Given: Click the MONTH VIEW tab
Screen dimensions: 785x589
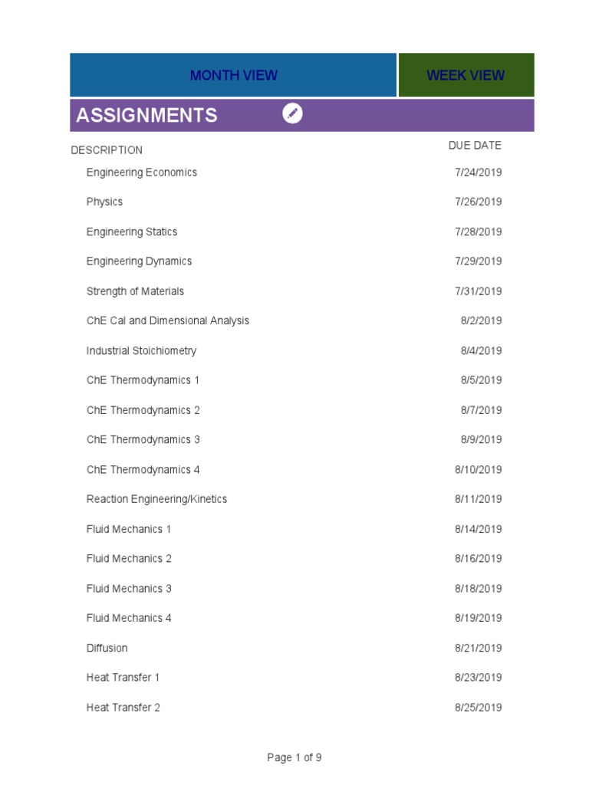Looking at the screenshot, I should click(234, 75).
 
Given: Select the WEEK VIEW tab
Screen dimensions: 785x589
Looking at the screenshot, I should click(466, 75).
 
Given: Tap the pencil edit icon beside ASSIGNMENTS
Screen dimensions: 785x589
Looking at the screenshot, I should click(292, 114).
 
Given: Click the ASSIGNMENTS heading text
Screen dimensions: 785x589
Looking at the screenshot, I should click(146, 115).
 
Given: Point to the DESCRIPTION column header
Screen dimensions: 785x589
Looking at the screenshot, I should click(107, 150).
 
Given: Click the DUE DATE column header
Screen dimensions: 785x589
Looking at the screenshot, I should click(475, 146).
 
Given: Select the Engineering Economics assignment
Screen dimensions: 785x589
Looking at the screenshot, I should click(142, 172).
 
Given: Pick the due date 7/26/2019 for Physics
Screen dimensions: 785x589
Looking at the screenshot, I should click(478, 202).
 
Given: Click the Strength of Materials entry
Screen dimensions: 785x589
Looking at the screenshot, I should click(135, 291).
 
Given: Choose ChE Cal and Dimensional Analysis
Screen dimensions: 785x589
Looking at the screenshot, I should click(168, 320).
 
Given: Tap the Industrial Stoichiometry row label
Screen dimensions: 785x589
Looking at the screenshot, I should click(141, 350).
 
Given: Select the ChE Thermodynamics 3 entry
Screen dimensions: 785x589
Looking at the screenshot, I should click(143, 439).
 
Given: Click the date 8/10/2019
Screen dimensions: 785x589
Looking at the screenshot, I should click(478, 469).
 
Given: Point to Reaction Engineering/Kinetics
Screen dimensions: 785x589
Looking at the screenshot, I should click(156, 499).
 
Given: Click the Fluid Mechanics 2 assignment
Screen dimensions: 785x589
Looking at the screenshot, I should click(129, 558).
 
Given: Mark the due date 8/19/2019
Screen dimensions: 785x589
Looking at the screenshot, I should click(478, 618).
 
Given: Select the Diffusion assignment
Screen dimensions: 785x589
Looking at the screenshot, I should click(107, 648).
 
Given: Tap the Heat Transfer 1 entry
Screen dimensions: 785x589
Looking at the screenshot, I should click(123, 677).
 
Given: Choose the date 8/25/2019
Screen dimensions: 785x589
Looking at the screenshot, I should click(478, 707).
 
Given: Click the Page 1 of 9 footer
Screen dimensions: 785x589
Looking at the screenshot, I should click(294, 757).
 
